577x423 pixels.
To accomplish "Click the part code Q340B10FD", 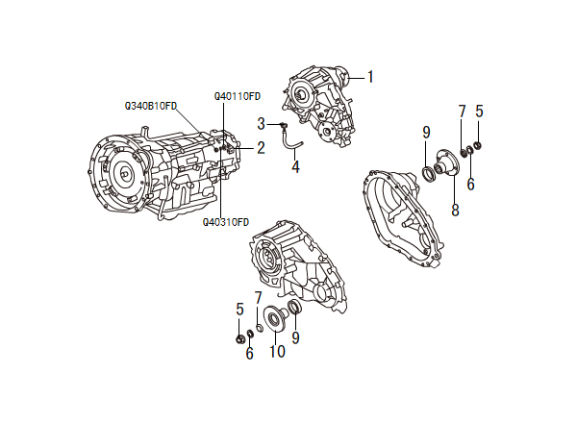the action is point(151,106).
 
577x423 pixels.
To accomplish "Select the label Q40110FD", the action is point(238,96).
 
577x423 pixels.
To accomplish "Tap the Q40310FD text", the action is point(226,222).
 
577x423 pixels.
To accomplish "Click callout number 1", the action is point(370,77).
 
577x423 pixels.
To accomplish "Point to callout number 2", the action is point(261,148).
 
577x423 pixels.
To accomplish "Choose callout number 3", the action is point(262,124).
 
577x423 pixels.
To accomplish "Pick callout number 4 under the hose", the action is point(295,166).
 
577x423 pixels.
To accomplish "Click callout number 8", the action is point(455,210).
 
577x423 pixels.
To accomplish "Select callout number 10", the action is point(277,351).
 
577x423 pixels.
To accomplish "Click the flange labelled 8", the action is point(445,164).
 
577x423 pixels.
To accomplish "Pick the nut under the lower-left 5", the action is point(239,338).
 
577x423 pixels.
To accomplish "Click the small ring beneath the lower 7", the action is point(259,328).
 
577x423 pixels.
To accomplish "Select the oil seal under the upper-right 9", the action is point(428,174).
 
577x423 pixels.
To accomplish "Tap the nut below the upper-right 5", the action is point(478,146).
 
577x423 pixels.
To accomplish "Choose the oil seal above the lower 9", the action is point(295,307).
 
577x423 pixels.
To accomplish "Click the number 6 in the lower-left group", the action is point(249,353).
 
